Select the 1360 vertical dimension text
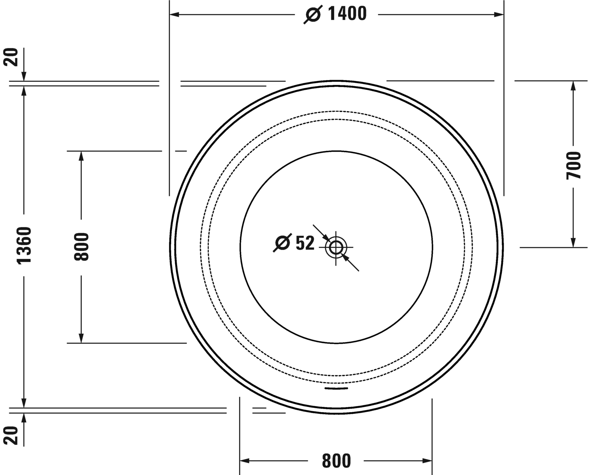click(25, 245)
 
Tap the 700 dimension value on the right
click(574, 165)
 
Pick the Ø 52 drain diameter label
click(294, 243)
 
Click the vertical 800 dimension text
click(81, 247)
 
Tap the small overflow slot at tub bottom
click(336, 388)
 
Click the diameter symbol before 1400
click(313, 15)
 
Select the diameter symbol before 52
click(282, 243)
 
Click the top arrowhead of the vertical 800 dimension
click(81, 156)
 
